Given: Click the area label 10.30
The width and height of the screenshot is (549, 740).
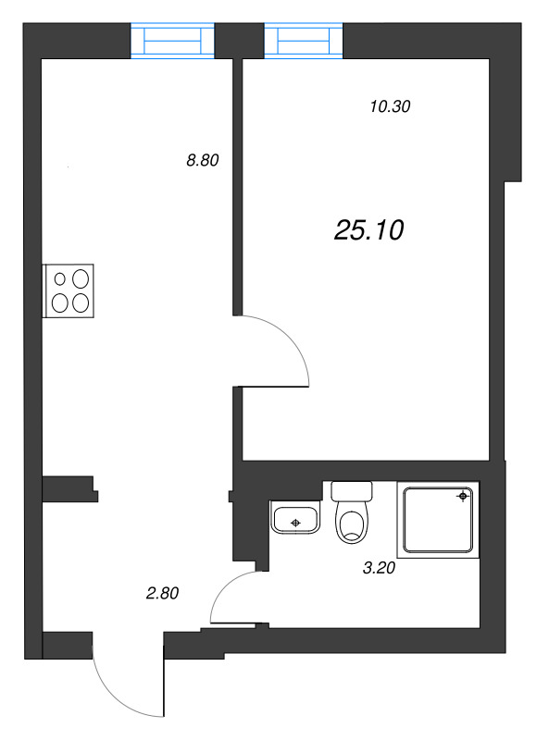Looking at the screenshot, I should pos(389,106).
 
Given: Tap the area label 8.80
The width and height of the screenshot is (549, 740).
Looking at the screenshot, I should pos(202,160).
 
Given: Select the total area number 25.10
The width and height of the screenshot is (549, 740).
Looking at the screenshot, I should pos(368,230).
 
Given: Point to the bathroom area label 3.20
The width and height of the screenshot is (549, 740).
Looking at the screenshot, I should pos(379,569).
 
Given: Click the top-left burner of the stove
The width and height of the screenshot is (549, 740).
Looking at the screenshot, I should pos(61,277).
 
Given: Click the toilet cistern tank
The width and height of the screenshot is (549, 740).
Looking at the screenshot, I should pos(352,490).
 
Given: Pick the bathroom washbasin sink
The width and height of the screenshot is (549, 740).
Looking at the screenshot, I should pos(295,517).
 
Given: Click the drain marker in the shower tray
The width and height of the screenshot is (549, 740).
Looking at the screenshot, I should pos(462,497).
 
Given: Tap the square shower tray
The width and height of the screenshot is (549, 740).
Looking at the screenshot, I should pos(438,519).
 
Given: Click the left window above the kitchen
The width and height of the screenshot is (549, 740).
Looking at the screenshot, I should pos(172,42).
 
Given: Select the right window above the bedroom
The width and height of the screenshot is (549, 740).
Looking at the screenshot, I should pos(303,42).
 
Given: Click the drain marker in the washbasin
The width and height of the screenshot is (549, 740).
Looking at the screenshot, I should pos(295,524).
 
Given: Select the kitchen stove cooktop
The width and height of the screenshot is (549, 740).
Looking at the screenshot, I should pos(70,290).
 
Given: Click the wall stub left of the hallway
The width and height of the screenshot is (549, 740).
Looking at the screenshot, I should pos(69,487).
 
